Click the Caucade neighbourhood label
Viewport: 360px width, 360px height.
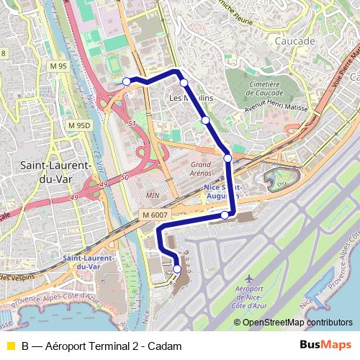pyautogui.click(x=295, y=41)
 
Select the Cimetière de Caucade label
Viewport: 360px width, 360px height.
pyautogui.click(x=263, y=89)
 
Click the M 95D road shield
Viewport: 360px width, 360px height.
pyautogui.click(x=79, y=125)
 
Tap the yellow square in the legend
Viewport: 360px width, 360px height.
pyautogui.click(x=10, y=346)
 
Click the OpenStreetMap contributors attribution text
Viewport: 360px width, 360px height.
pyautogui.click(x=297, y=323)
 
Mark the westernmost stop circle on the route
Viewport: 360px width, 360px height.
pyautogui.click(x=127, y=81)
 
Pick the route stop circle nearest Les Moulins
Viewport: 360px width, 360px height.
pyautogui.click(x=184, y=83)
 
